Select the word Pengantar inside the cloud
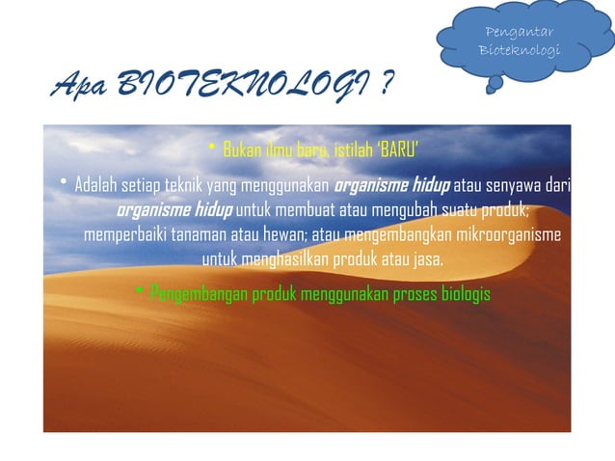point(521,35)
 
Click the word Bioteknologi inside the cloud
point(521,49)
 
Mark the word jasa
point(428,260)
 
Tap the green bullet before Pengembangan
point(140,291)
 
